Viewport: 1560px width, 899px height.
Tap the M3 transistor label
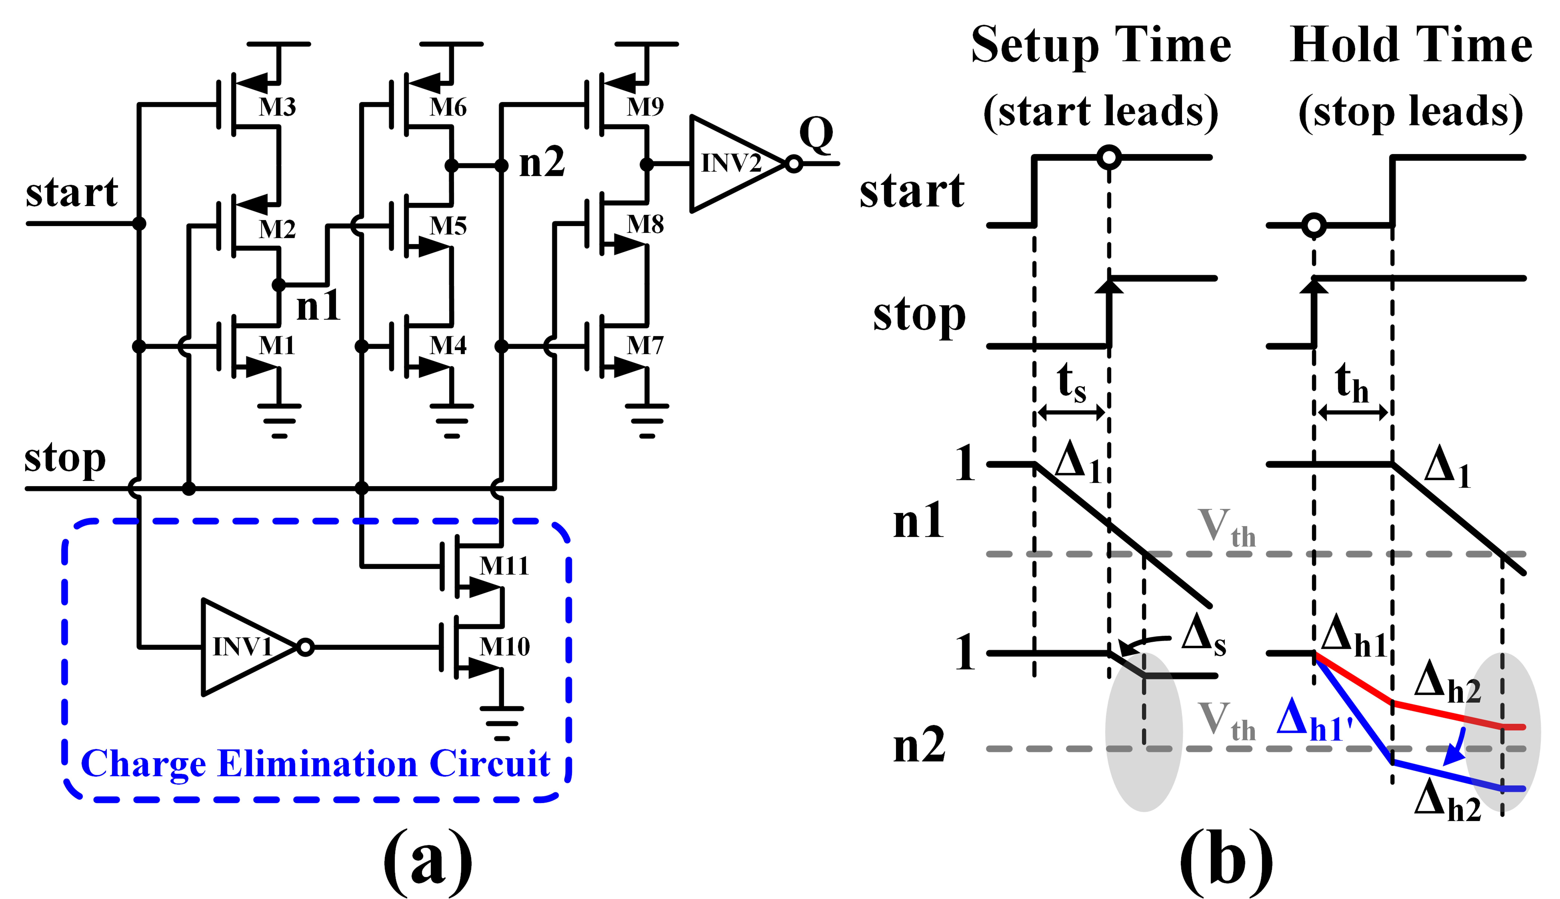277,107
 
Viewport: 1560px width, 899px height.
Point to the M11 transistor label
504,566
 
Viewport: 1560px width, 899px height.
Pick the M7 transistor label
645,345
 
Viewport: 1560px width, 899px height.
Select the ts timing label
1071,383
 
